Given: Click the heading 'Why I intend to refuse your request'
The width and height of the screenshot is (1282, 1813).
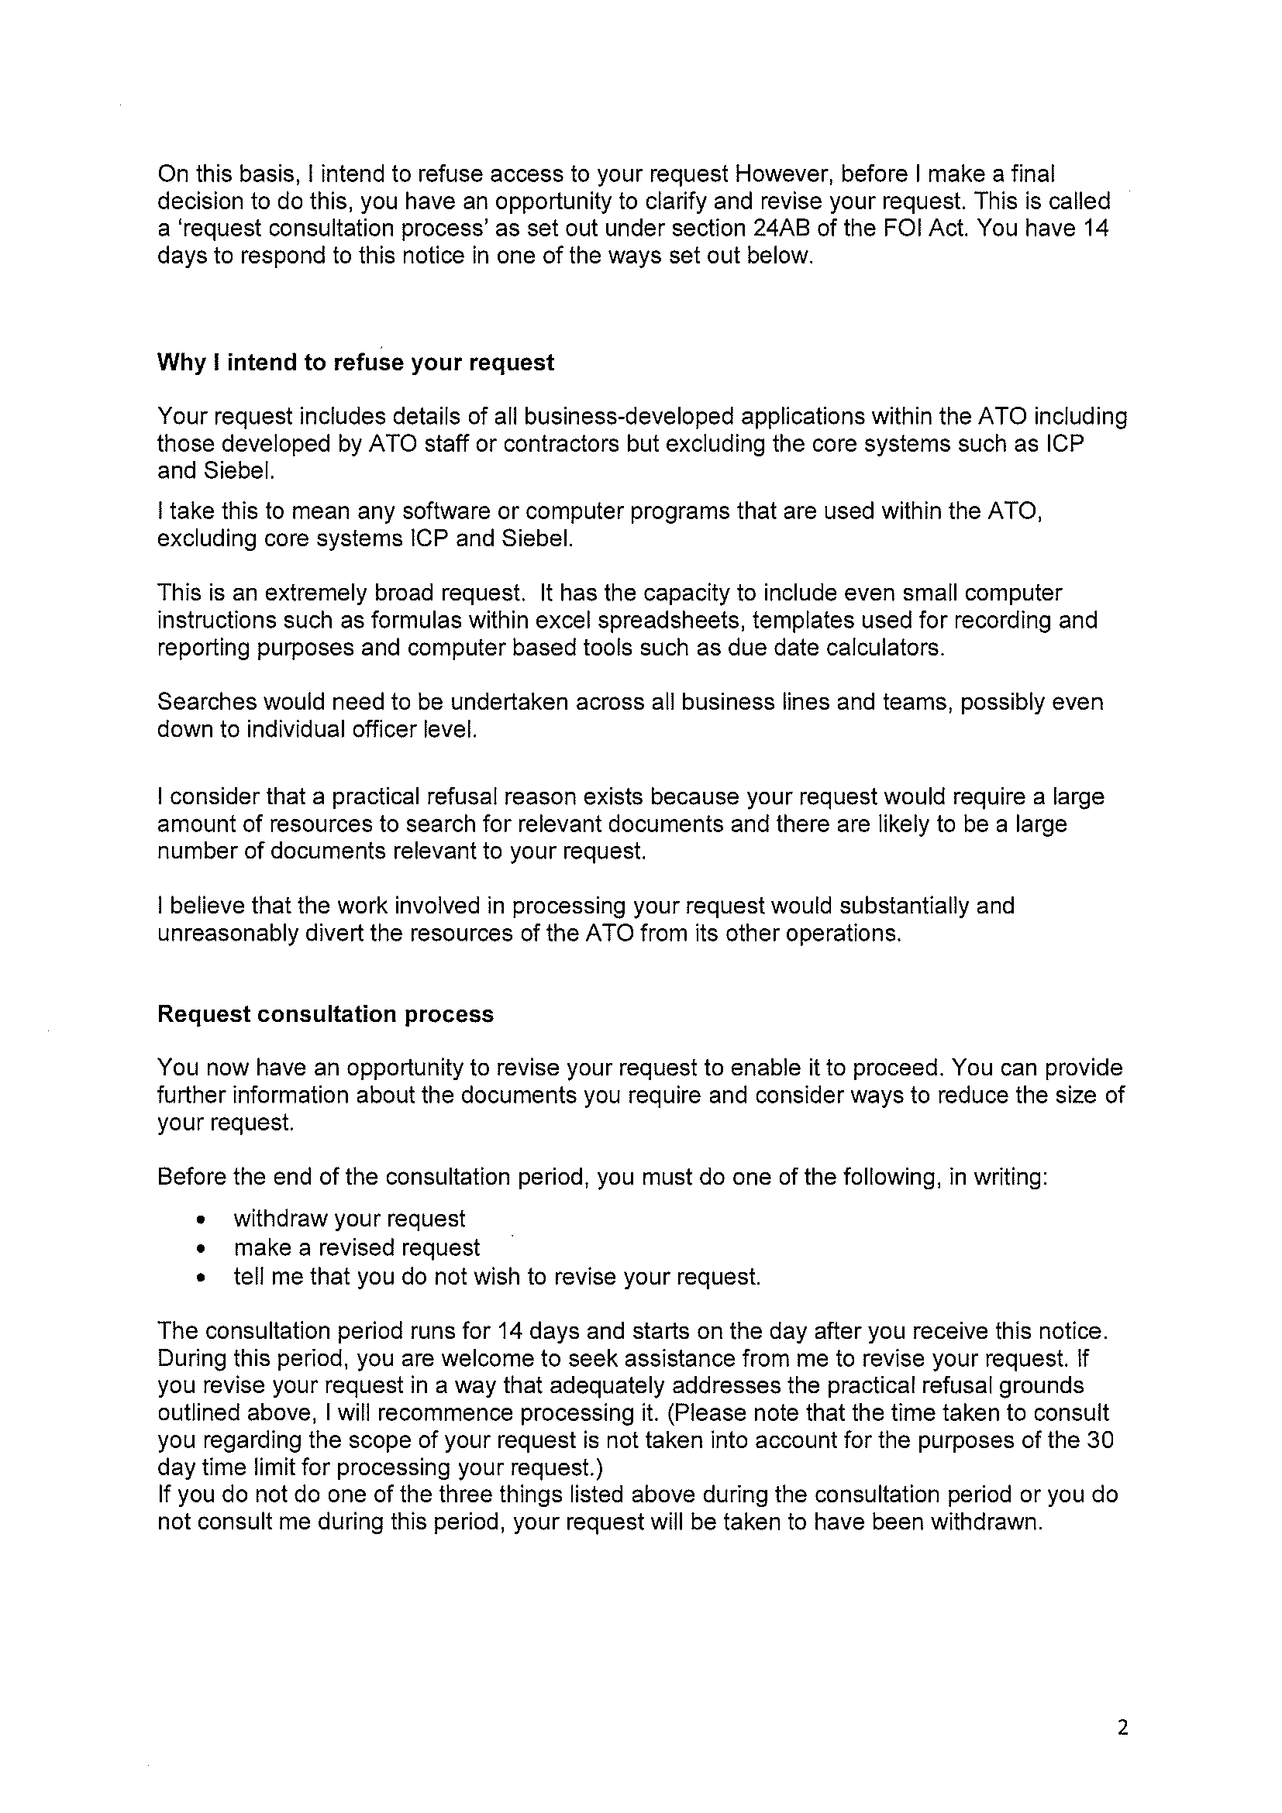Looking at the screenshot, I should click(x=356, y=363).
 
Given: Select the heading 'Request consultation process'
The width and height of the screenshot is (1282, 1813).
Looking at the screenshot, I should click(x=326, y=1014).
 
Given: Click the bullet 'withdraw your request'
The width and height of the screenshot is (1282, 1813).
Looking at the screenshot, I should click(x=349, y=1219).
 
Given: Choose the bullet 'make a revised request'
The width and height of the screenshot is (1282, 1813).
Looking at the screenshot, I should click(x=357, y=1247).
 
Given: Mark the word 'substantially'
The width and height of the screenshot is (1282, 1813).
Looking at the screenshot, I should click(x=904, y=906).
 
